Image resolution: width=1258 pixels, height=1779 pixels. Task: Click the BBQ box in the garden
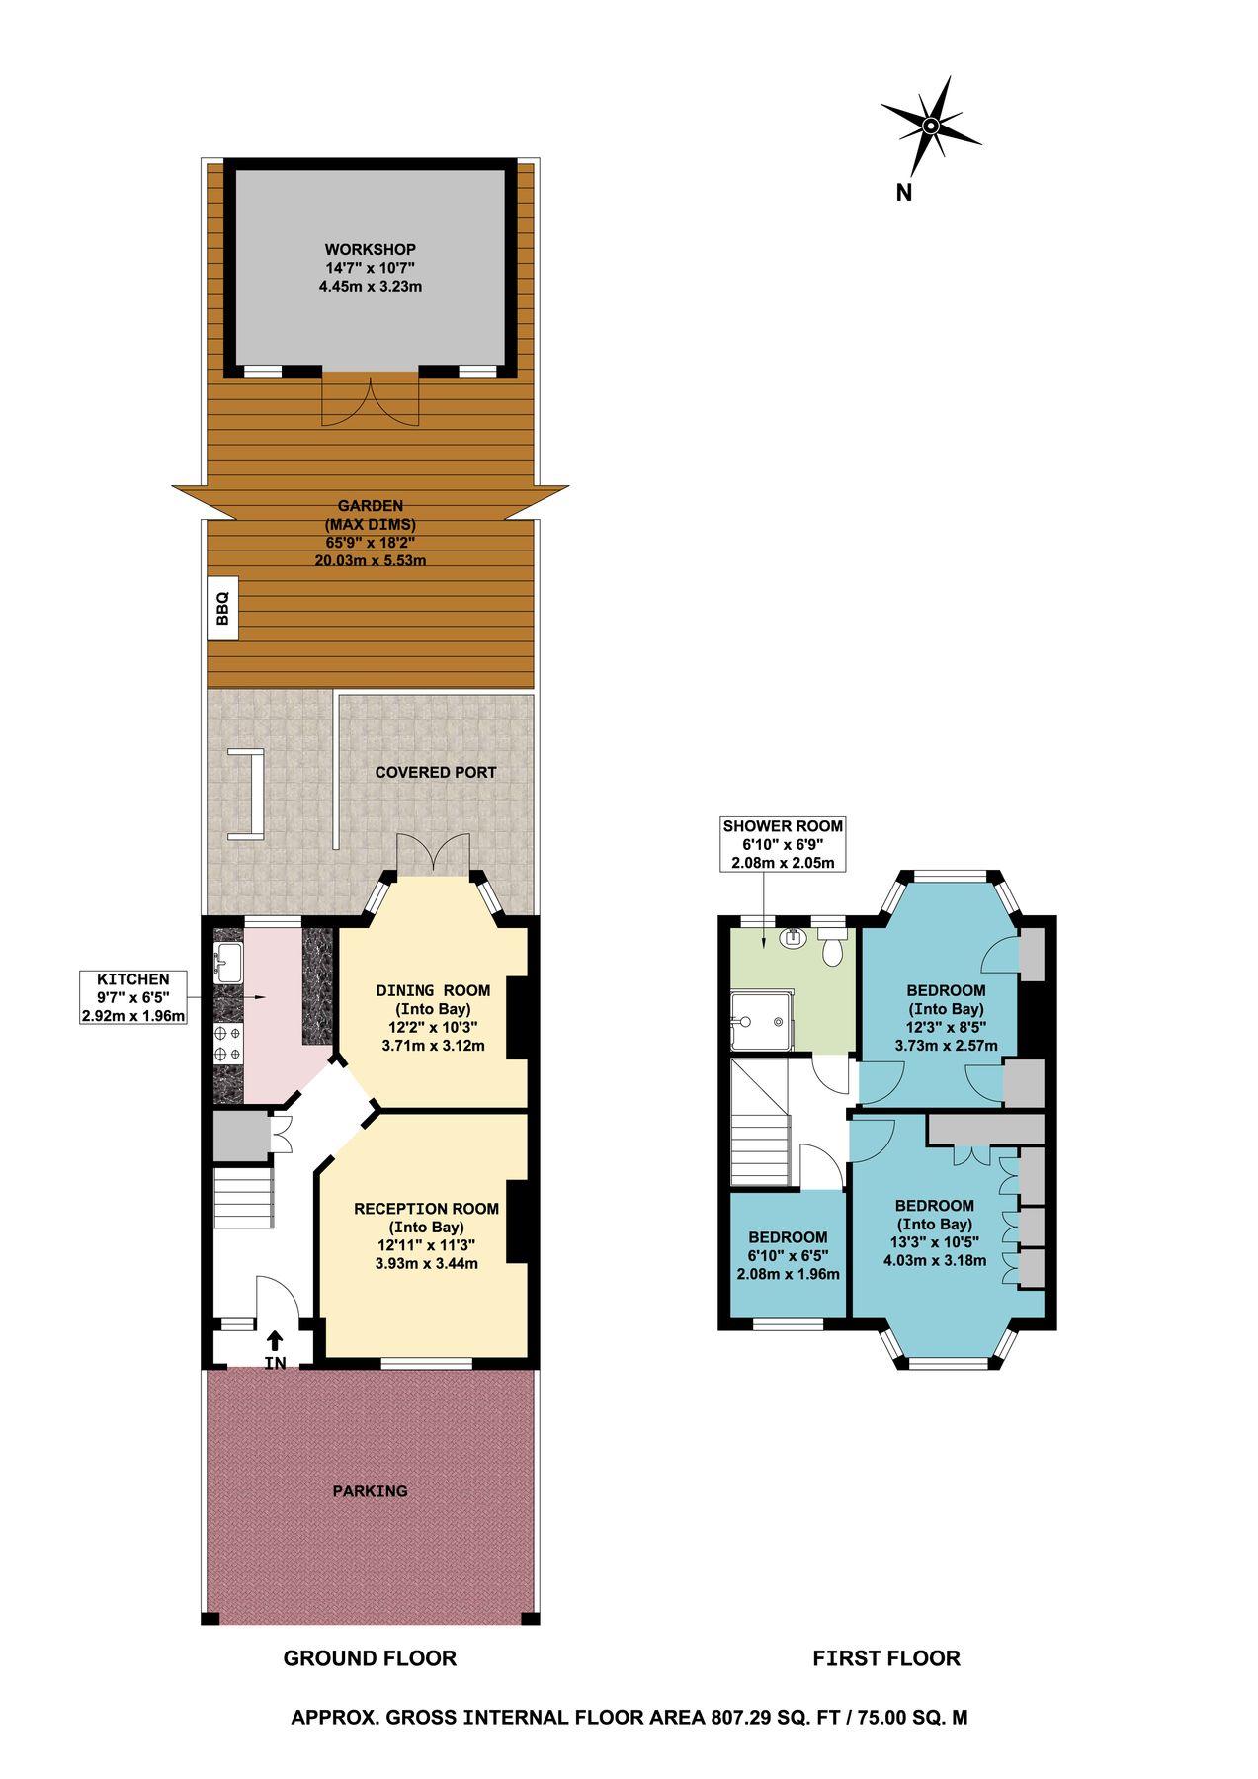(222, 608)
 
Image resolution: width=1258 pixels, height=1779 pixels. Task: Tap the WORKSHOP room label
(371, 250)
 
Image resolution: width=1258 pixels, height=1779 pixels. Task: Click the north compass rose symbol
(930, 127)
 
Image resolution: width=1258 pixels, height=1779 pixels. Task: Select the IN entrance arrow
(275, 1341)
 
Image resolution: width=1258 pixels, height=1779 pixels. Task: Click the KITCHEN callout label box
(133, 997)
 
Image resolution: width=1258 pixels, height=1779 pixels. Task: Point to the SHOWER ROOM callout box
(783, 844)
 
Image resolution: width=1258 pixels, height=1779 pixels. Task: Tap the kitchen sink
(227, 963)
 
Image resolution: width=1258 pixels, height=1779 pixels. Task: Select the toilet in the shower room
(832, 947)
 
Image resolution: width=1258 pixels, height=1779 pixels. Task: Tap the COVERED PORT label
(436, 772)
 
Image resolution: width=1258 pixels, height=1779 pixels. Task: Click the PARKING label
(370, 1490)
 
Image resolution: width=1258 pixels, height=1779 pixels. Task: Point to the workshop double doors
(371, 400)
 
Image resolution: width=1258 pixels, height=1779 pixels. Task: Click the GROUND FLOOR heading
(370, 1657)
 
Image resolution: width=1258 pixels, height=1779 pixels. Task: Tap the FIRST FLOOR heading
(885, 1657)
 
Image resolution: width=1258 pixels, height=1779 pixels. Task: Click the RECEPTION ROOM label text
(426, 1208)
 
